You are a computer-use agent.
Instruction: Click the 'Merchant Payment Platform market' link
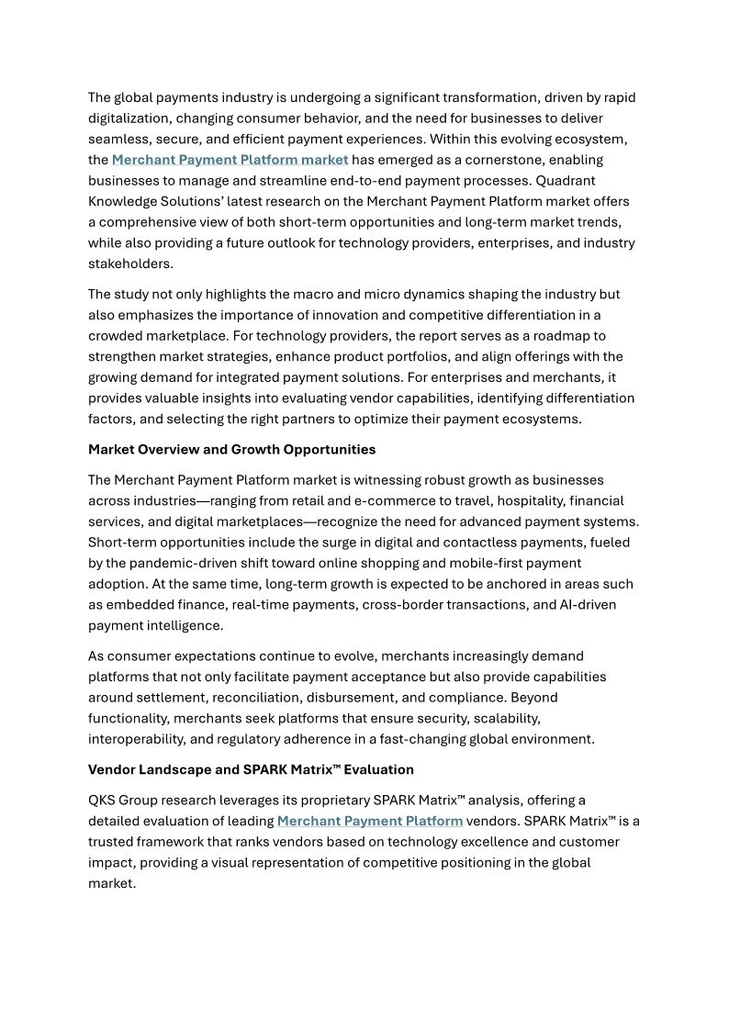230,160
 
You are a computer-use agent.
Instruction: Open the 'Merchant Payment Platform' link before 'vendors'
369,821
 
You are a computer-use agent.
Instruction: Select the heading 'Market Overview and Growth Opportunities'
231,450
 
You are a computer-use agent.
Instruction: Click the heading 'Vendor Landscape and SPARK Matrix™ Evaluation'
251,769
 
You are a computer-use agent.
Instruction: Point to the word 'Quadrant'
600,180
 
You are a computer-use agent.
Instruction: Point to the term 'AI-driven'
588,605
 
